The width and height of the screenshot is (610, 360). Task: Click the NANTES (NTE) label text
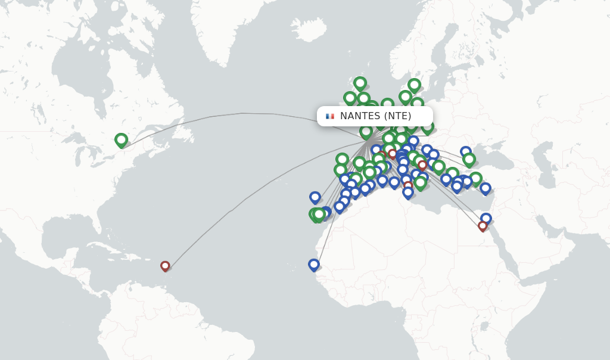coord(375,116)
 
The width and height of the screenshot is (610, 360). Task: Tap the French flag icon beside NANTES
coord(329,116)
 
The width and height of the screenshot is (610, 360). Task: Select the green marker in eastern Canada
coord(121,140)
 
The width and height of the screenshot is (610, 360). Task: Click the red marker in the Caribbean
coord(165,266)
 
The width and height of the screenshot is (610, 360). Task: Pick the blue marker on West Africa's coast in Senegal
coord(314,264)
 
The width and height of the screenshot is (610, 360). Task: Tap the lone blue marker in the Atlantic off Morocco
coord(315,197)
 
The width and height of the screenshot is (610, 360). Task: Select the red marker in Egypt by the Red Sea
coord(483,226)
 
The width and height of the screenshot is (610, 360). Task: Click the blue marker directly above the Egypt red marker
coord(486,218)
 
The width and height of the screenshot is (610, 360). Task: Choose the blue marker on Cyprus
coord(485,188)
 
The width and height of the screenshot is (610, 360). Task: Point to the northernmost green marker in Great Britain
coord(360,83)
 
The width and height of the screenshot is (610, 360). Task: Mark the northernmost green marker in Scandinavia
coord(414,85)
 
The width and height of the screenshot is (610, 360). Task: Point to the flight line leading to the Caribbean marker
coord(238,203)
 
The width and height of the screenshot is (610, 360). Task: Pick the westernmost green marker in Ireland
coord(350,98)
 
